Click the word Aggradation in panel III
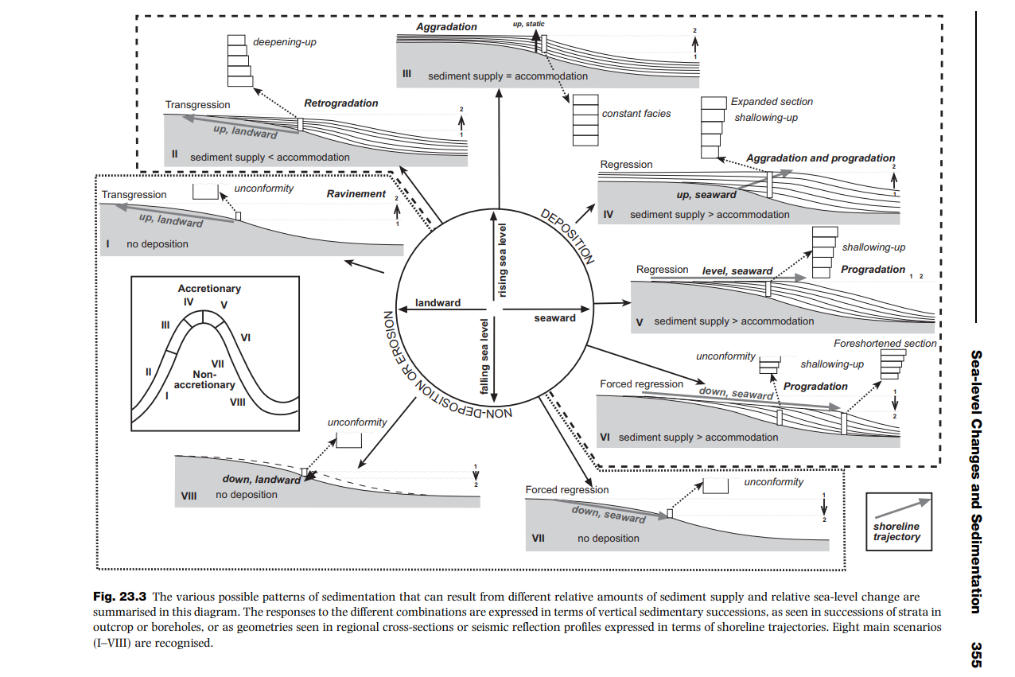(x=446, y=27)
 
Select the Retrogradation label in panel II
(x=340, y=103)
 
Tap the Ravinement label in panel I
(x=356, y=194)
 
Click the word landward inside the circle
(x=437, y=303)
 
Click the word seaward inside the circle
(x=554, y=318)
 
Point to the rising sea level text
(x=503, y=260)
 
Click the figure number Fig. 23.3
(x=121, y=596)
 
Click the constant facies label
(x=636, y=114)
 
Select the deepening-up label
(x=284, y=41)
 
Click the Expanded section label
(x=771, y=102)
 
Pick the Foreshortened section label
(x=885, y=344)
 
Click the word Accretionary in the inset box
(x=209, y=289)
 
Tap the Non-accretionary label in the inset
(x=204, y=379)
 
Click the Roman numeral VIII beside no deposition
(x=189, y=495)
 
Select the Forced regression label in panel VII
(x=566, y=490)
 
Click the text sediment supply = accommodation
(x=507, y=76)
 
